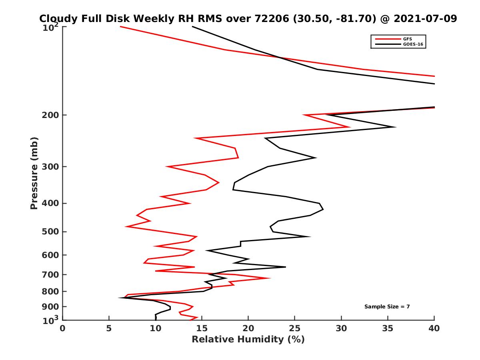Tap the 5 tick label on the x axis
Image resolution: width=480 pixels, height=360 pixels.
pos(109,328)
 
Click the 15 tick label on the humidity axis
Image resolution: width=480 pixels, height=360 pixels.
pos(202,328)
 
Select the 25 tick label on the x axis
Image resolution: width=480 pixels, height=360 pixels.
pos(295,328)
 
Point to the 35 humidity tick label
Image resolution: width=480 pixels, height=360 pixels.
pos(388,328)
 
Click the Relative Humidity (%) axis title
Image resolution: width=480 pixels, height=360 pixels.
pos(248,340)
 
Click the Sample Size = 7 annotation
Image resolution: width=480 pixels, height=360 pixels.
pos(387,307)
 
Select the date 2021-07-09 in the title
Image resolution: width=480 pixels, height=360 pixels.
pos(425,19)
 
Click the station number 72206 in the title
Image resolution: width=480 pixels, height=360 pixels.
pos(270,19)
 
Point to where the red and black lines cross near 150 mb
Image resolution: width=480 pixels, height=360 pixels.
pos(279,58)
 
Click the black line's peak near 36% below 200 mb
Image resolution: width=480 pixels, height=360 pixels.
pos(395,127)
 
